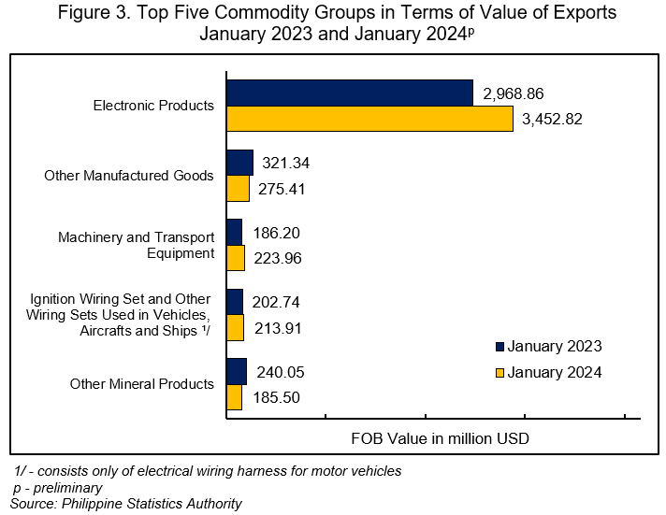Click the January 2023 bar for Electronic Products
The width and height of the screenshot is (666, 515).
[349, 93]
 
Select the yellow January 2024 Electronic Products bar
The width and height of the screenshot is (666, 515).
[369, 119]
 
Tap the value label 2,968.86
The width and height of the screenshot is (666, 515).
[513, 93]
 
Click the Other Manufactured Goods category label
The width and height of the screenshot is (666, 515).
[129, 176]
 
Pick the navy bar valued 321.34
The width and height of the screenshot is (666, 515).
[239, 163]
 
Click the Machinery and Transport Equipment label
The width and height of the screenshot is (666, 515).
[137, 245]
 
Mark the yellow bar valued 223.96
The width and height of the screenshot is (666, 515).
[236, 258]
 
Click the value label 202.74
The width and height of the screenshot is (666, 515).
[277, 302]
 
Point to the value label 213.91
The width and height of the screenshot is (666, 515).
[278, 328]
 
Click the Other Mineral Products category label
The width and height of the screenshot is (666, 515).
[142, 384]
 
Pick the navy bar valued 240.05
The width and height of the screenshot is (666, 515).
[237, 371]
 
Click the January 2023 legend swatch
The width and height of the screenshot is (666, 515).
[499, 347]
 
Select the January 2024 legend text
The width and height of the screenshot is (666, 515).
[555, 372]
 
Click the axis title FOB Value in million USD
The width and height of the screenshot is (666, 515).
[440, 437]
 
